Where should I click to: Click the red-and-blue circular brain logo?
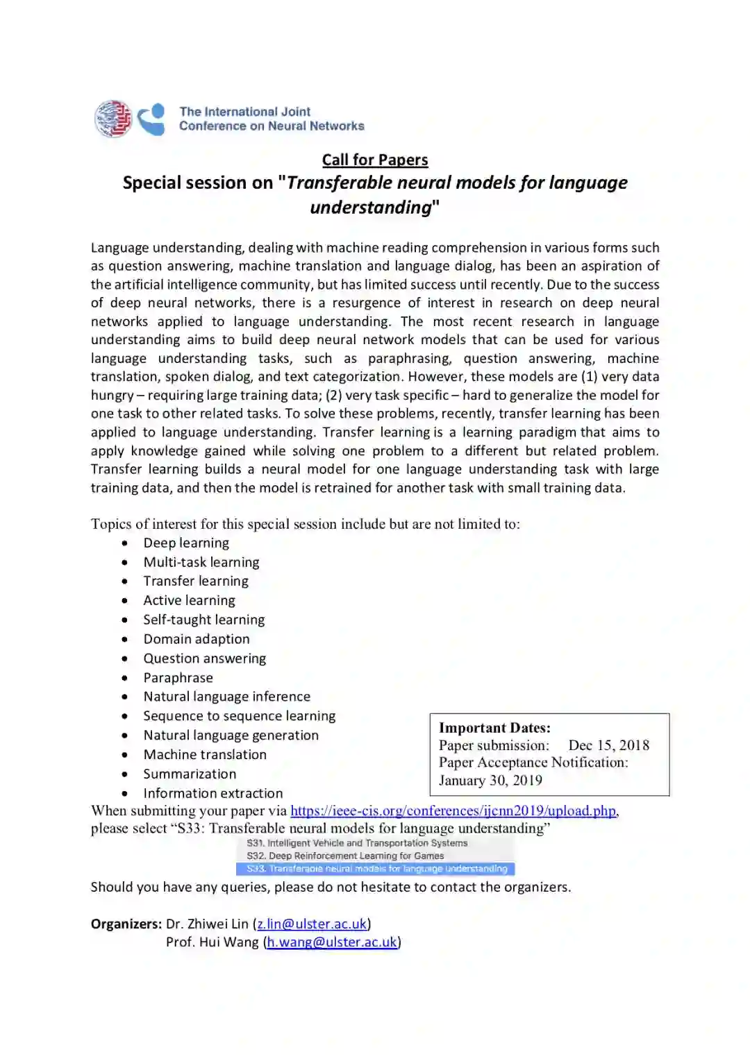point(113,119)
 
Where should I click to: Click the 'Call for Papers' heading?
point(375,160)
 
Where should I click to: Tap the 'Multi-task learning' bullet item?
point(201,562)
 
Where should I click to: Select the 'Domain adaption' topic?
point(197,639)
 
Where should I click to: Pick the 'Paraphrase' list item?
point(178,678)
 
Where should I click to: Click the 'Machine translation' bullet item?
point(205,754)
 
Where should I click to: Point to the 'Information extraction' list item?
point(213,793)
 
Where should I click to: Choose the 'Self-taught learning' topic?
point(204,620)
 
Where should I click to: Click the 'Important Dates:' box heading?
point(494,728)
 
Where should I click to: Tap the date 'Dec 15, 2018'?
point(609,745)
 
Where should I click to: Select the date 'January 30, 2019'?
point(490,780)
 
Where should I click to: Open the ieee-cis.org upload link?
point(453,810)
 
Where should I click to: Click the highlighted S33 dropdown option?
point(376,869)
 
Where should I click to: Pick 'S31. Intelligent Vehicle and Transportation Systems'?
point(357,843)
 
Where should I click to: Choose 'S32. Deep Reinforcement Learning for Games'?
point(345,856)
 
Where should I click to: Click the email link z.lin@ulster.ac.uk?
point(312,924)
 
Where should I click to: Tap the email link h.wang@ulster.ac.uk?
point(332,942)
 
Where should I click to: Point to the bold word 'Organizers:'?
point(126,924)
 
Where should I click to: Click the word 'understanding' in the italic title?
point(372,207)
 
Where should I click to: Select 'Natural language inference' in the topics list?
point(227,697)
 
